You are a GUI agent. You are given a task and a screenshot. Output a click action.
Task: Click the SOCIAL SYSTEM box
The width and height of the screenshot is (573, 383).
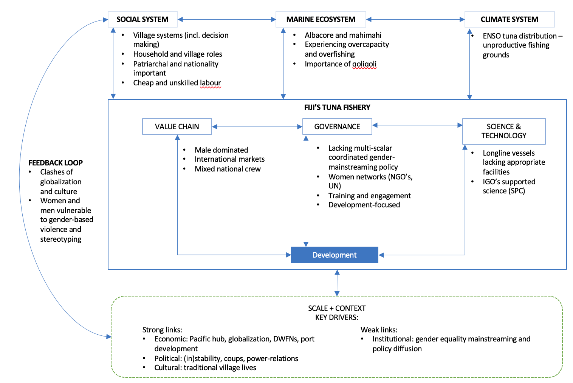(x=142, y=19)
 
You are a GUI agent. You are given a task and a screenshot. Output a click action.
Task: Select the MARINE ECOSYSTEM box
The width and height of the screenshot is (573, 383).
(x=321, y=19)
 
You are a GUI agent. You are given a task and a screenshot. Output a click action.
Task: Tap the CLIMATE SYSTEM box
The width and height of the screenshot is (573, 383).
(x=509, y=19)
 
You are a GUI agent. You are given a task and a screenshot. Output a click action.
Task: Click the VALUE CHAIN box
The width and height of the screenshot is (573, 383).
(x=177, y=127)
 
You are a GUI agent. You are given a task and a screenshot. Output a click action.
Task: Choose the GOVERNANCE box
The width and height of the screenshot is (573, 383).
(x=337, y=127)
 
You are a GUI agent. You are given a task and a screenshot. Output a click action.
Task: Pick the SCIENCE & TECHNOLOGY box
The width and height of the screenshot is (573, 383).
(x=503, y=131)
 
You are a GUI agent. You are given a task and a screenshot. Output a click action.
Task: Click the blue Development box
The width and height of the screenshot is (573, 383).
(x=335, y=255)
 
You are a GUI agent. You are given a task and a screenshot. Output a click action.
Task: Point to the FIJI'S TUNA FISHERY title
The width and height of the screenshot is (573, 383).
(x=337, y=107)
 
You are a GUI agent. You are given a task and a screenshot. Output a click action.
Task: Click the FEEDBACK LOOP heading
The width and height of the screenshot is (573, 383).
(x=56, y=163)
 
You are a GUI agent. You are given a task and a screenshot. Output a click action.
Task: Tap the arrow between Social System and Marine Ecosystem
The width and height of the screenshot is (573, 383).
(x=227, y=19)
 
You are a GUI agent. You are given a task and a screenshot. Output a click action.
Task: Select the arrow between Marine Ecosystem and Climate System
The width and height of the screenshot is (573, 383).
(x=415, y=19)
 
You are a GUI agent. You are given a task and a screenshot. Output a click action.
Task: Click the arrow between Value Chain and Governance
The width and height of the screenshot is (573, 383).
(x=257, y=127)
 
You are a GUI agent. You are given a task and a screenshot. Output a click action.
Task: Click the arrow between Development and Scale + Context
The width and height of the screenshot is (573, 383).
(x=337, y=283)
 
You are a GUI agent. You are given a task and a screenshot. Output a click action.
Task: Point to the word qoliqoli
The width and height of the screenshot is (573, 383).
(x=364, y=64)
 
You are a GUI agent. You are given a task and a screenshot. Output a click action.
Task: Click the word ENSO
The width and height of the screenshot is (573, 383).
(x=492, y=36)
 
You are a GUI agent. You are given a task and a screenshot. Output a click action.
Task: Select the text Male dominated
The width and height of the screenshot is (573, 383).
(x=221, y=150)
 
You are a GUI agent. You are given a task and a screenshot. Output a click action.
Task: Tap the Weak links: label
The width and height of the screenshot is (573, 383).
(x=379, y=330)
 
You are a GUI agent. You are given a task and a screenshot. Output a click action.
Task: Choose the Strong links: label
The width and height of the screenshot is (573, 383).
(x=162, y=330)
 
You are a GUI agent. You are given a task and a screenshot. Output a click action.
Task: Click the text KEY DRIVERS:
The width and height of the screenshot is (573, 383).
(x=337, y=317)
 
